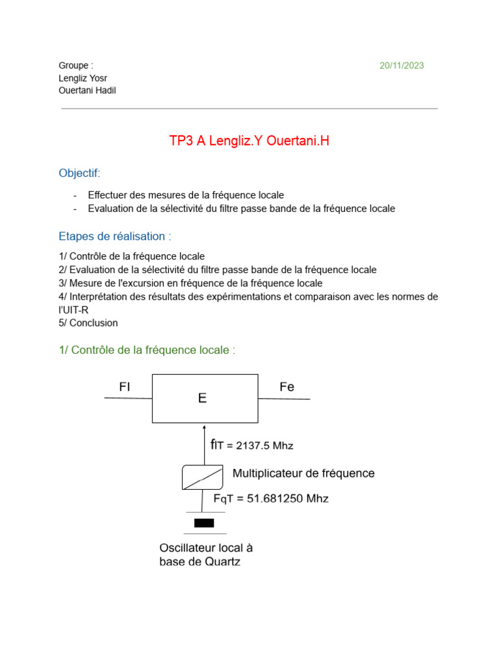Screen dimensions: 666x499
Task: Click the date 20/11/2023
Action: point(402,65)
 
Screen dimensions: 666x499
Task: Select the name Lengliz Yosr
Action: point(83,78)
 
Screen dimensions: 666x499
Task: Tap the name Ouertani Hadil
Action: point(87,90)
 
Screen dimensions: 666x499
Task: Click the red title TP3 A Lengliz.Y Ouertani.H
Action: point(249,140)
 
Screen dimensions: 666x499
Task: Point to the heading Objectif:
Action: point(80,173)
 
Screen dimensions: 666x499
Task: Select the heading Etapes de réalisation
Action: point(115,236)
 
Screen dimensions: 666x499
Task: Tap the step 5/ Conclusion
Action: point(88,323)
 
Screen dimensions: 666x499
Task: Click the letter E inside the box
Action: point(203,398)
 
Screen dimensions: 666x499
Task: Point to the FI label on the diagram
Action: point(125,387)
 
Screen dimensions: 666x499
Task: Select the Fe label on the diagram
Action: point(287,387)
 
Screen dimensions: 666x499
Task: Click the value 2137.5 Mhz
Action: point(264,446)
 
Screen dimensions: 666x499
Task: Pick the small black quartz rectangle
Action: point(204,523)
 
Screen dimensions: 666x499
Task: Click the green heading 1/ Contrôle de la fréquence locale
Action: point(147,350)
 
